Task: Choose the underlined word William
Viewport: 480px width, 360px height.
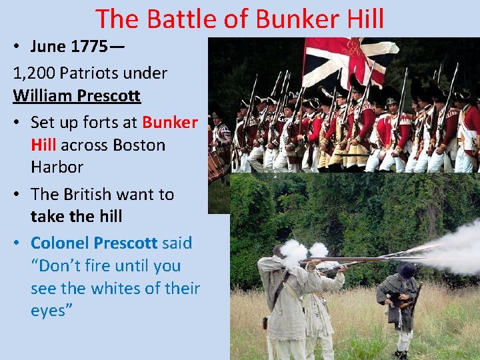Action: click(42, 95)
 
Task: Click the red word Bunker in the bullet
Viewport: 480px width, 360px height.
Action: click(170, 122)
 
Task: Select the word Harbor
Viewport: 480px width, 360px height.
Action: click(57, 167)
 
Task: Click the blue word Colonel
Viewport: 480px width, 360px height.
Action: click(60, 243)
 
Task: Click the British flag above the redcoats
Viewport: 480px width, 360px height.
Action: click(347, 60)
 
